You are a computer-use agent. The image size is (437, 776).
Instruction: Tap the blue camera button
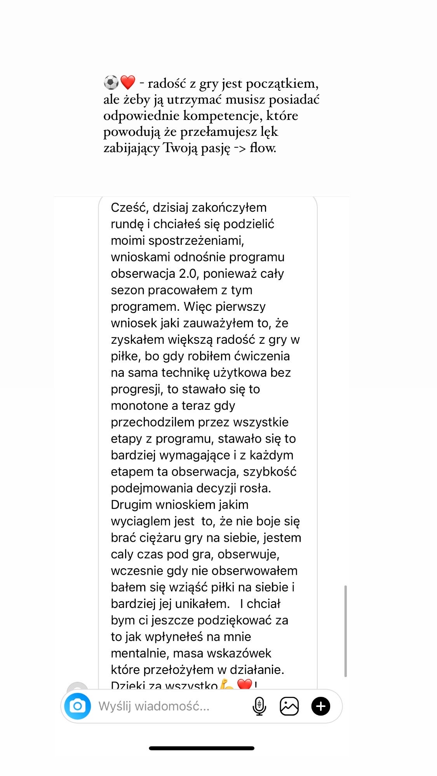[78, 706]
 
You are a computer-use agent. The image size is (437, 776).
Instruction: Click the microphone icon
[259, 706]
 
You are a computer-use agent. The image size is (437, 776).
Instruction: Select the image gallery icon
[289, 706]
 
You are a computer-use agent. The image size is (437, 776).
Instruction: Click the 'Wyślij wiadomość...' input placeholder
[154, 706]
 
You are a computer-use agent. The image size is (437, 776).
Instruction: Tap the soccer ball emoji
[111, 83]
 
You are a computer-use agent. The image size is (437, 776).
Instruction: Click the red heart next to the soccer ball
[128, 83]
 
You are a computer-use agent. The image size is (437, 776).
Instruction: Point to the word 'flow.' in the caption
[263, 148]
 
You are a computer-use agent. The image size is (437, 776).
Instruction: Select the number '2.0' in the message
[188, 274]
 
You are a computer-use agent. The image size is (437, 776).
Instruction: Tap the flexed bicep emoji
[227, 685]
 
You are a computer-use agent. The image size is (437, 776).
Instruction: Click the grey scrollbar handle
[345, 630]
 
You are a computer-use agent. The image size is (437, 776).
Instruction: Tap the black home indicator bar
[202, 748]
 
